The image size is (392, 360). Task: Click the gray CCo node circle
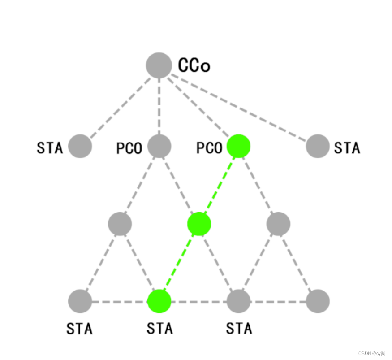159,65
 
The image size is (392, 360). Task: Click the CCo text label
194,66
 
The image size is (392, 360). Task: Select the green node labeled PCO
238,146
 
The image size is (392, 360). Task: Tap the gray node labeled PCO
159,146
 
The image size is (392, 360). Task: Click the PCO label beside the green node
209,147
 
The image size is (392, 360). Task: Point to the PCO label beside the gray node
129,147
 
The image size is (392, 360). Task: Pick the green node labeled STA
159,301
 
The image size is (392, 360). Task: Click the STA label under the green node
159,328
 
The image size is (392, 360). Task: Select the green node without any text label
199,224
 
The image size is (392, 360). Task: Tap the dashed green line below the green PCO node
219,185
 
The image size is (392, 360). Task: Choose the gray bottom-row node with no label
318,301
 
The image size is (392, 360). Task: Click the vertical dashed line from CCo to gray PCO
159,106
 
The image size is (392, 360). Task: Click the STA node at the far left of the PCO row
80,146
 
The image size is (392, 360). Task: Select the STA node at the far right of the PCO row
318,146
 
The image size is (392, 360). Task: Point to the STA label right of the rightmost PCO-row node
347,147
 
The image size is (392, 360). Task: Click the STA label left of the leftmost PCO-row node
50,147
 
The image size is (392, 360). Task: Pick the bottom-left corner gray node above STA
80,301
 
